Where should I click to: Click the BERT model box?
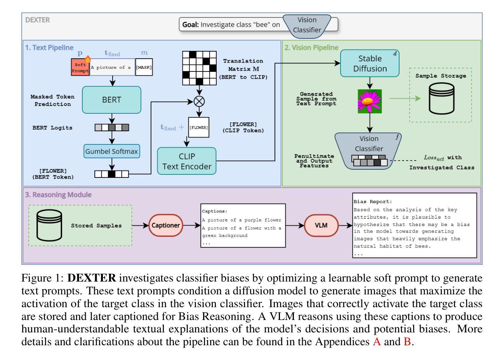click(x=111, y=99)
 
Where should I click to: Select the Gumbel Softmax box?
click(x=111, y=151)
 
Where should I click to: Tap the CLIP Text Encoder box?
click(x=187, y=161)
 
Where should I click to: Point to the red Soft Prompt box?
click(x=80, y=67)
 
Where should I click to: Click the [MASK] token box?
click(x=144, y=67)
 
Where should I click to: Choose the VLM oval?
click(x=321, y=225)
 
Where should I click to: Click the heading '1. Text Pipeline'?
click(x=49, y=48)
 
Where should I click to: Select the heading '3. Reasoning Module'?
click(x=59, y=195)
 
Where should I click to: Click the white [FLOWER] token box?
click(x=199, y=127)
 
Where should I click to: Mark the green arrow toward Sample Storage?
click(x=404, y=99)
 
